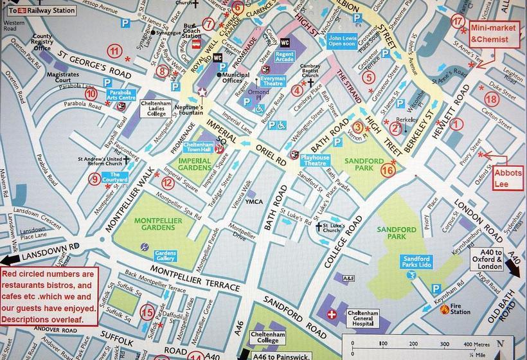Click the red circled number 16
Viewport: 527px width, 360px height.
click(388, 170)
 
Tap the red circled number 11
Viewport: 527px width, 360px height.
click(114, 51)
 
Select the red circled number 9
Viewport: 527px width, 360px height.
click(95, 179)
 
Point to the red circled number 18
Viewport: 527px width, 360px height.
click(491, 99)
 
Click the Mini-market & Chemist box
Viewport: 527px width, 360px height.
click(494, 34)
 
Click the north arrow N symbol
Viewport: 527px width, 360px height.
click(501, 343)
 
